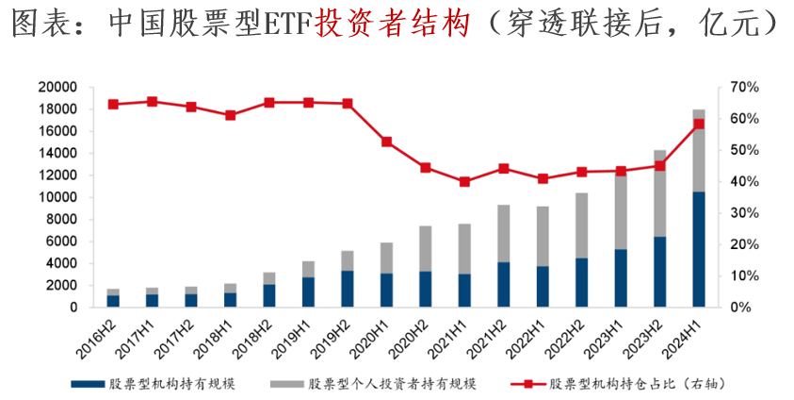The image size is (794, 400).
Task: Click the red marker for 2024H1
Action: coord(699,124)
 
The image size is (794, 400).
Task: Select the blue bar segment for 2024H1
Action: coord(699,249)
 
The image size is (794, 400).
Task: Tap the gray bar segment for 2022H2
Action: coord(582,225)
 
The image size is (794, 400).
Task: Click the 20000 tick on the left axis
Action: coord(57,87)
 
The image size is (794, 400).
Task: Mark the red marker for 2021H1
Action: coord(464,181)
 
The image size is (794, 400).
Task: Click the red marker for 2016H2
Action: coord(113,104)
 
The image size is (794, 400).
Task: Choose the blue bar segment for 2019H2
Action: coord(348,289)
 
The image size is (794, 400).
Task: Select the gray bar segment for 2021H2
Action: coord(504,233)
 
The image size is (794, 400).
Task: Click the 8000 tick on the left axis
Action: coord(61,219)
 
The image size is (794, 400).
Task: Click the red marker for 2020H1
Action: coord(386,142)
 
